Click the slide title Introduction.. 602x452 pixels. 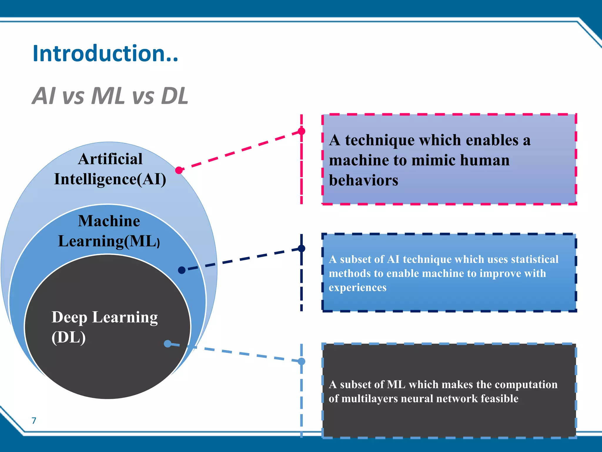click(105, 54)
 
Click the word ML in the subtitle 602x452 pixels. click(108, 96)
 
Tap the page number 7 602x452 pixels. click(34, 421)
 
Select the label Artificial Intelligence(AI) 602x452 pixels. click(110, 169)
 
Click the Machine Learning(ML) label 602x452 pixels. click(109, 231)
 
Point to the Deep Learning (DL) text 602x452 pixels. click(104, 327)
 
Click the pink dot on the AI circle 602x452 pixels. click(179, 170)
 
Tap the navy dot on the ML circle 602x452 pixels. click(182, 270)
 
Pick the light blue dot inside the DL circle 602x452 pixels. click(168, 343)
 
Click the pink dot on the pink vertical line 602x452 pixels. click(301, 131)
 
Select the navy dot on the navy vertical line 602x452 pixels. click(301, 248)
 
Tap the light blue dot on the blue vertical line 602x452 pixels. click(301, 361)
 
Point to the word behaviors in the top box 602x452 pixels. click(363, 180)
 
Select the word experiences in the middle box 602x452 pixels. click(357, 287)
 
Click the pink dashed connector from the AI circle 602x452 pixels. click(241, 150)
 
